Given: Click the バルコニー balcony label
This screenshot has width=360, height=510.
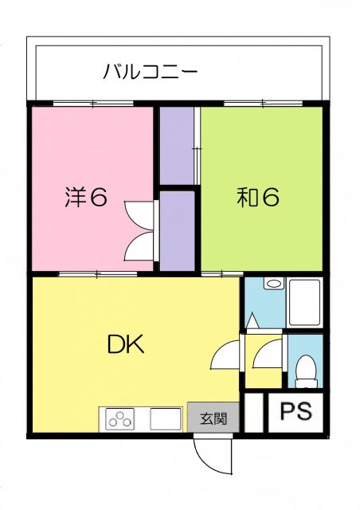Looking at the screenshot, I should pos(151,73).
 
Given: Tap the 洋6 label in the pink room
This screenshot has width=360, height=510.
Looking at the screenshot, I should pos(85,197).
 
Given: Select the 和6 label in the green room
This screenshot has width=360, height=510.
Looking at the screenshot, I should pos(257,197).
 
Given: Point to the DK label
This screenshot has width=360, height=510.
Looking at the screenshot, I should pos(125,344).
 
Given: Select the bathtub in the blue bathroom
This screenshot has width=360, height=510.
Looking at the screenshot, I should pos(304,302).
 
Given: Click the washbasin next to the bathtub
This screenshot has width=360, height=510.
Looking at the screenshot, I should pos(273,284).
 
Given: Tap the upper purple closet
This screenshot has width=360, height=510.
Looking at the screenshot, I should pos(177,145).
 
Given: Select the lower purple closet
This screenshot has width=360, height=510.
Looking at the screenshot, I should pos(177,231).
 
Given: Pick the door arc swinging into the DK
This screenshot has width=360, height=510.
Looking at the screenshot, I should pos(225,355).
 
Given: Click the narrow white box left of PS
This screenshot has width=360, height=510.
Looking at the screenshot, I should pos(253,414).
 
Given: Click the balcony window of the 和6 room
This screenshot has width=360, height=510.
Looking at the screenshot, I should pos(261,104).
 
